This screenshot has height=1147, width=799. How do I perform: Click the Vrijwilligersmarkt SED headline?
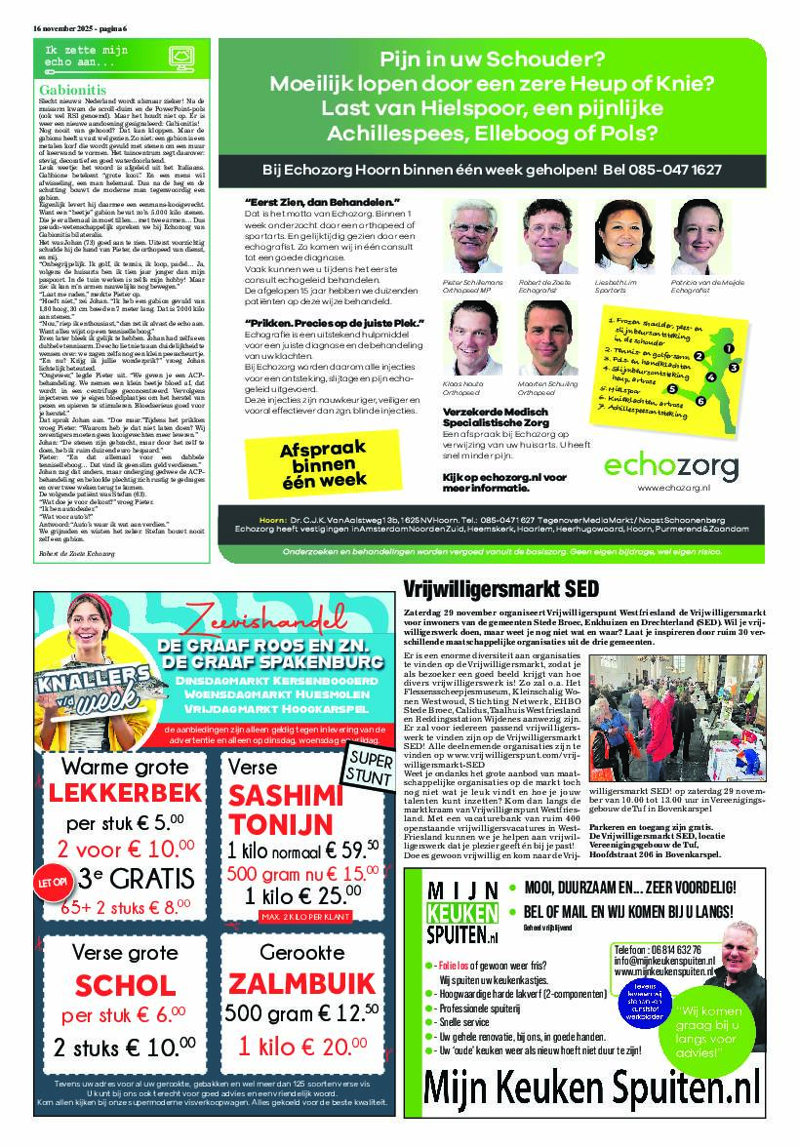click(x=501, y=588)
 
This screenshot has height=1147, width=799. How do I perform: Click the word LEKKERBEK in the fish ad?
click(x=126, y=793)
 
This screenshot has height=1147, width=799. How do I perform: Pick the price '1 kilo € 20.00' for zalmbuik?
click(x=298, y=1045)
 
